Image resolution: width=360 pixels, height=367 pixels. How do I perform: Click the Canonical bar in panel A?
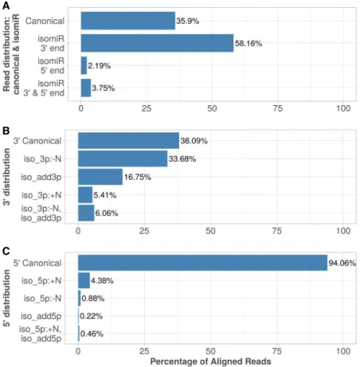(128, 21)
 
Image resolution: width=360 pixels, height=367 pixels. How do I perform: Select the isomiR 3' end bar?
(157, 43)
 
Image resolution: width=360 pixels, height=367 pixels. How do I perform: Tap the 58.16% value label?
(248, 43)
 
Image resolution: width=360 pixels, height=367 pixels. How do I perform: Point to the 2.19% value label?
(100, 65)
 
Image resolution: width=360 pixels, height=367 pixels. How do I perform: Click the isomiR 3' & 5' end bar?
(86, 88)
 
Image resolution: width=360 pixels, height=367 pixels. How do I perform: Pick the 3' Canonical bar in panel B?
(128, 141)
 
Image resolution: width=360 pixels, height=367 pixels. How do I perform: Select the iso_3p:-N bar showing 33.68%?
(123, 158)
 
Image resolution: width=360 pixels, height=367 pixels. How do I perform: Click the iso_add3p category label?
(41, 177)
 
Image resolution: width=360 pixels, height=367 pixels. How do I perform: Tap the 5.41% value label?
(105, 195)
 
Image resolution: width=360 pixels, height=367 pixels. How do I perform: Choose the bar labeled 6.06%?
(86, 213)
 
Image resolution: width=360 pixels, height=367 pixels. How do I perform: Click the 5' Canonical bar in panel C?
(202, 263)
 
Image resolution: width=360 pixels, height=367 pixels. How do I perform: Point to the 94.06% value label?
(342, 263)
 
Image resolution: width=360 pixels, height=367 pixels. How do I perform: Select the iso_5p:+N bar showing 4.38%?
(84, 280)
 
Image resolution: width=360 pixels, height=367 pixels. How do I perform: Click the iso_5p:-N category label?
(42, 299)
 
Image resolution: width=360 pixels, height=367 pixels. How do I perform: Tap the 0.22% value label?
(91, 316)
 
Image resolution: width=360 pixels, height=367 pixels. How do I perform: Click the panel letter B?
(6, 131)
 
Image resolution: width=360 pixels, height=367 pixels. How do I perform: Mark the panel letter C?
(6, 251)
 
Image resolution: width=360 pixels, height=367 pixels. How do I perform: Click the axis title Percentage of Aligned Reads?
(210, 361)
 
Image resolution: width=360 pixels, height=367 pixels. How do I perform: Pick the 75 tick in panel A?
(278, 108)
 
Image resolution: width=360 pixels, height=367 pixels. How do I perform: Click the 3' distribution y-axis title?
(6, 177)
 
